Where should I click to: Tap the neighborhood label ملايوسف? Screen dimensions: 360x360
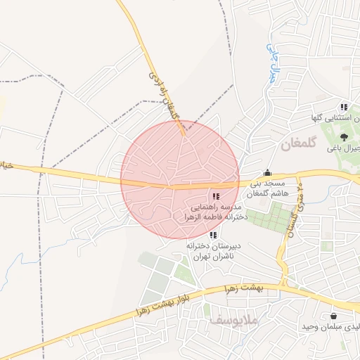(x=234, y=321)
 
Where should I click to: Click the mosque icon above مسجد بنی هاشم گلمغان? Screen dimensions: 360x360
(x=267, y=173)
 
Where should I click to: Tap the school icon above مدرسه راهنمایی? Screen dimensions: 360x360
(x=215, y=196)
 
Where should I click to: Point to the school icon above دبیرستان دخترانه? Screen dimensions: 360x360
(x=213, y=235)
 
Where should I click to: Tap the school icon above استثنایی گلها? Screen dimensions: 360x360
(x=343, y=107)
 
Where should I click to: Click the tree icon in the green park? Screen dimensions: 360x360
(x=344, y=136)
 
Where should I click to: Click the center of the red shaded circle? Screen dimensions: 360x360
(x=180, y=180)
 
